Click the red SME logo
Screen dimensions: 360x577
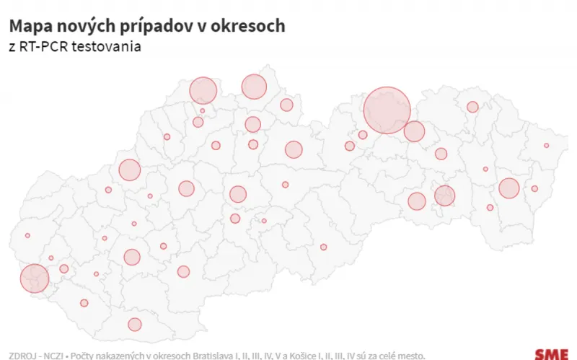(x=550, y=354)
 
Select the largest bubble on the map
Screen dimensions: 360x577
(x=387, y=110)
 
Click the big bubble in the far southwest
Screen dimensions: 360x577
(x=34, y=278)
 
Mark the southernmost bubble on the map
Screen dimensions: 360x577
(x=135, y=325)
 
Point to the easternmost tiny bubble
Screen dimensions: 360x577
(x=547, y=146)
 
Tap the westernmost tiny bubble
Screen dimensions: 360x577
(x=27, y=235)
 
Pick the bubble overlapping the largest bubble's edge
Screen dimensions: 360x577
(x=414, y=131)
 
